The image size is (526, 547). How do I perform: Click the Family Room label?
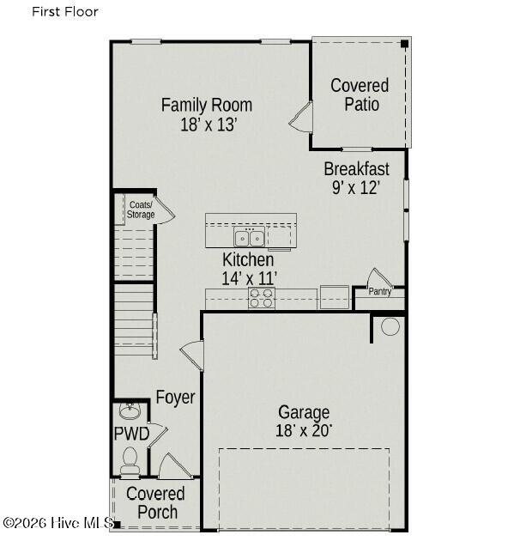(207, 105)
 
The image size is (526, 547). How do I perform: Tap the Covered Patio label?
(360, 94)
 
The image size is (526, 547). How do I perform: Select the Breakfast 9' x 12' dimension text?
(356, 188)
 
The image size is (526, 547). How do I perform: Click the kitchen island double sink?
(249, 238)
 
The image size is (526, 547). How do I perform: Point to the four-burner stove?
(262, 298)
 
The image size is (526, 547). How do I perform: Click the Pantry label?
(380, 291)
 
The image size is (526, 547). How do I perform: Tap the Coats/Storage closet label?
(141, 210)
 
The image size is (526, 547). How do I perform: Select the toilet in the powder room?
(130, 461)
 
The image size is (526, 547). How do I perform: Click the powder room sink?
(130, 411)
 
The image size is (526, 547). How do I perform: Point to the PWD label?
(132, 434)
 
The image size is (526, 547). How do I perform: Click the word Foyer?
(175, 398)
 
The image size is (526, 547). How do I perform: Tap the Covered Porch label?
(156, 502)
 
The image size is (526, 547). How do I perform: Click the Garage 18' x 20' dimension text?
(304, 431)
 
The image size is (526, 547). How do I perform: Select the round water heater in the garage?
(390, 327)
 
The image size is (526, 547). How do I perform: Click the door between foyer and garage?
(192, 356)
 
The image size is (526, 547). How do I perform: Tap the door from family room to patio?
(301, 117)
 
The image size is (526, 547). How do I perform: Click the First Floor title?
(65, 12)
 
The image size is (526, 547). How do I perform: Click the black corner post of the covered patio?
(404, 44)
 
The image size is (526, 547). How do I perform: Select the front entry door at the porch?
(175, 466)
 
